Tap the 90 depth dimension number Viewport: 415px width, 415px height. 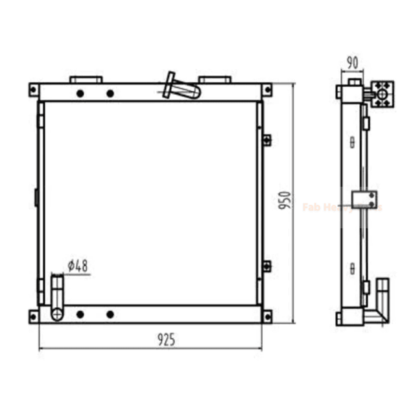click(352, 62)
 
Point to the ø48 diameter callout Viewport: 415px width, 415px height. click(77, 265)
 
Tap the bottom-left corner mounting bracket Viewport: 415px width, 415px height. click(34, 316)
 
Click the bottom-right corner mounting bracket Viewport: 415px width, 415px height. click(266, 316)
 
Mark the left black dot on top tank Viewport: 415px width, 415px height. click(80, 93)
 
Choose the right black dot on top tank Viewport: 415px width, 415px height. click(110, 93)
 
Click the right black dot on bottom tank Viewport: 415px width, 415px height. click(110, 314)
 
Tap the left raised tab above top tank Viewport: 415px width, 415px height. click(86, 80)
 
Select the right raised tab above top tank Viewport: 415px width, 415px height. click(215, 80)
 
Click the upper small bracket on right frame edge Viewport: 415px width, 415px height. click(267, 139)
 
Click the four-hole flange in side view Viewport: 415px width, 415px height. click(383, 93)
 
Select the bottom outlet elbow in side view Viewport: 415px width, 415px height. click(377, 305)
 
